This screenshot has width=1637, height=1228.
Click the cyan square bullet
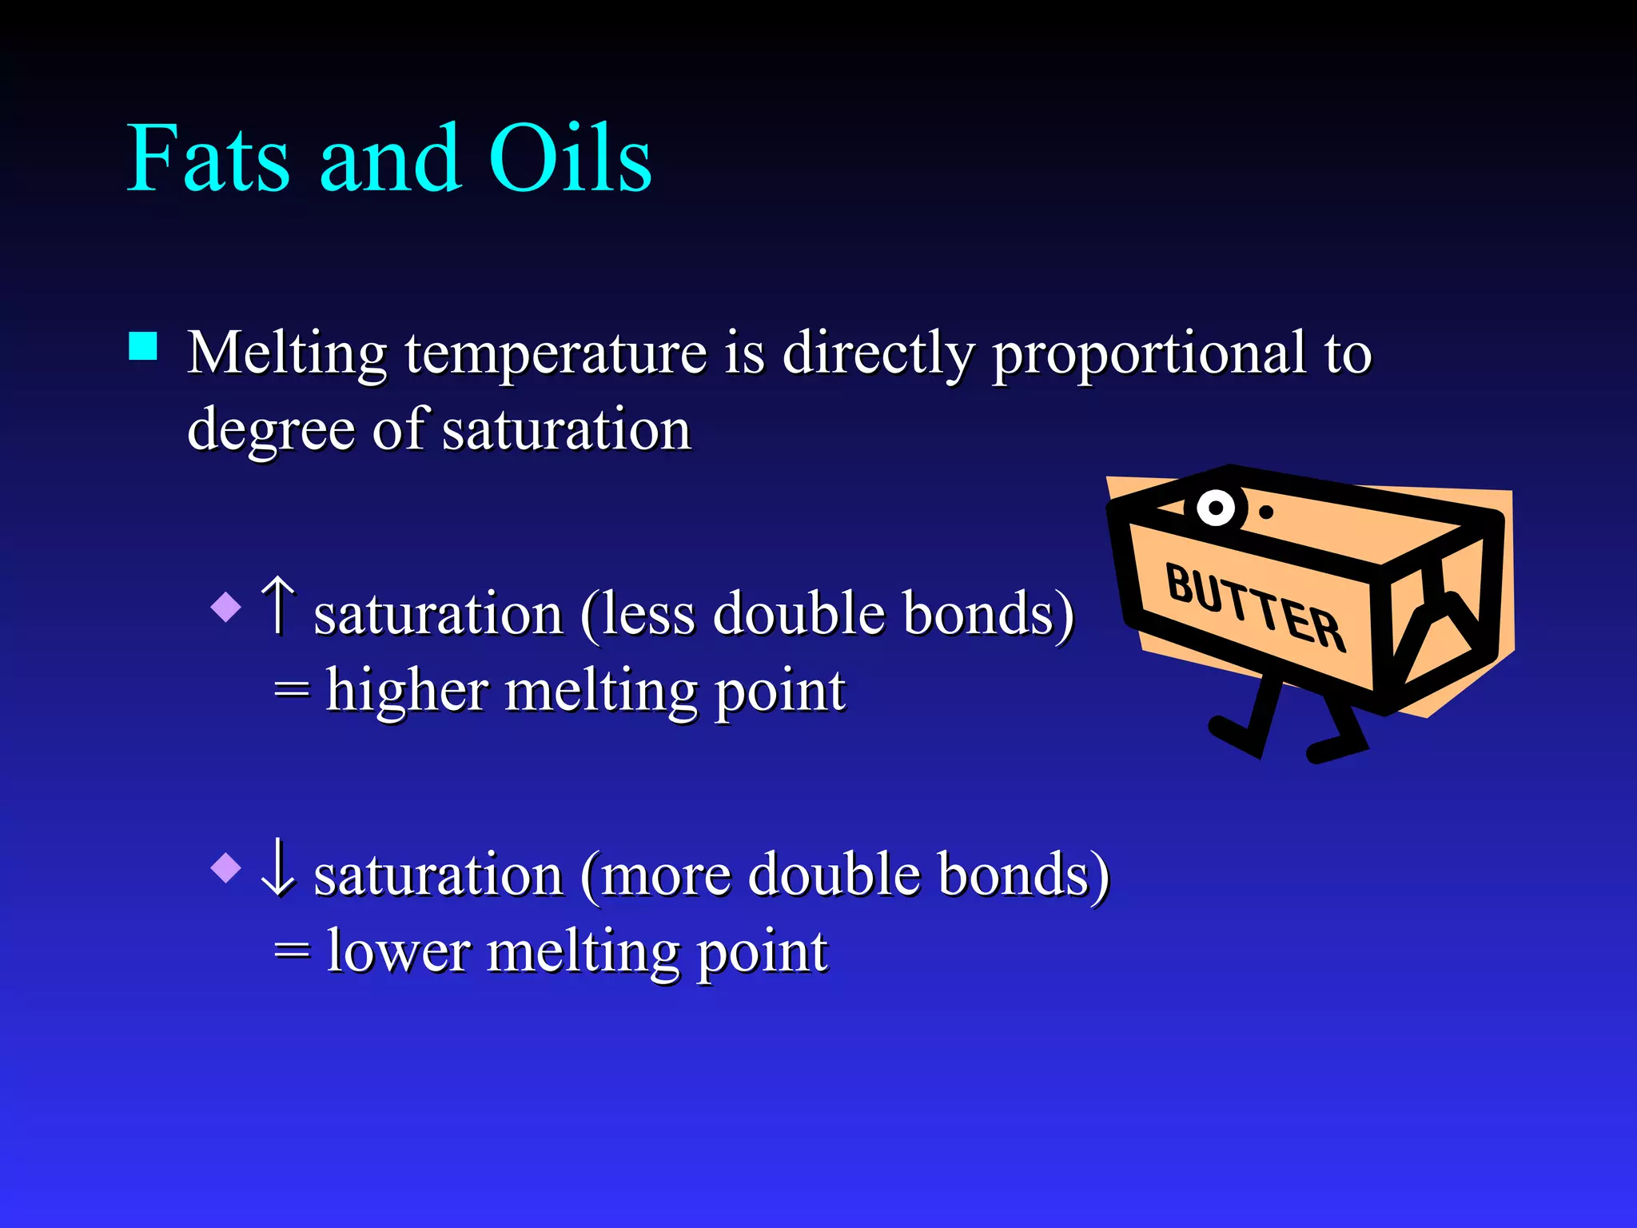(143, 347)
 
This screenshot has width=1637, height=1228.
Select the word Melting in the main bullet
(287, 353)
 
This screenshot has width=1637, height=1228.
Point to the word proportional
(1149, 353)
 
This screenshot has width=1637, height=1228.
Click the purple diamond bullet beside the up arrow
(226, 607)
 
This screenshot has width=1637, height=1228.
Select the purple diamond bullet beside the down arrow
(226, 868)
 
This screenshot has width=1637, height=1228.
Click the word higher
(407, 691)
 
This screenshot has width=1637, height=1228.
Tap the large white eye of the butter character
(1216, 508)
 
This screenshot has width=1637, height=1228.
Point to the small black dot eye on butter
(1266, 512)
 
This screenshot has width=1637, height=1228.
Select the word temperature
(556, 353)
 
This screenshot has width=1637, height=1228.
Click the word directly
(878, 353)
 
